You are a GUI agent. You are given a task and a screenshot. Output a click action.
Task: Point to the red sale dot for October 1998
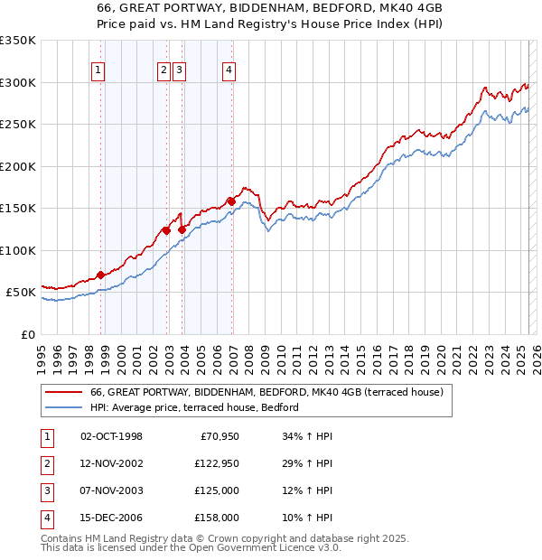point(100,275)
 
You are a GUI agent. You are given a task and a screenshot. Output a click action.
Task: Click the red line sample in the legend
point(63,393)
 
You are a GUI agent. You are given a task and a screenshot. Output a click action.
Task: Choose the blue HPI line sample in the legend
point(63,408)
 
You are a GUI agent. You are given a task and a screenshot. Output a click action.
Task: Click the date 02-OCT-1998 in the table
point(111,437)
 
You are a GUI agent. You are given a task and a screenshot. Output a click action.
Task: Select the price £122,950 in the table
point(216,464)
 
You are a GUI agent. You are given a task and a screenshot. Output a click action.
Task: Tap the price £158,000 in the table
point(216,518)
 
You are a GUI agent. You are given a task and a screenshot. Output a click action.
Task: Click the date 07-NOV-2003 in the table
point(111,490)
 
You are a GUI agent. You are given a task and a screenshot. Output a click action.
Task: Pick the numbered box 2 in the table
point(46,464)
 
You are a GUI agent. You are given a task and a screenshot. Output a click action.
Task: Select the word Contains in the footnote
point(63,538)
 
